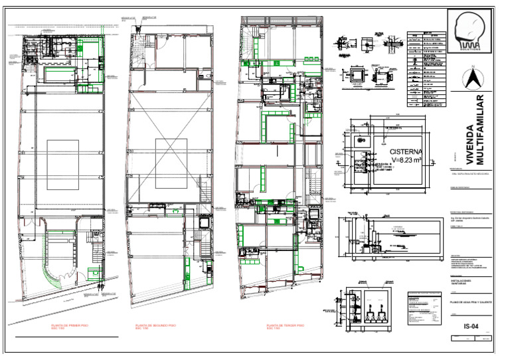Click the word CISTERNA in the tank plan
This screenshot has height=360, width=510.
coord(406,151)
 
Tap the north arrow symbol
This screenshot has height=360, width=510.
coord(473,78)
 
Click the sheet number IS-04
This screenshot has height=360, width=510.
coord(471,325)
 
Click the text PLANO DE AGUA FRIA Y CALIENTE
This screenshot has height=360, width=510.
coord(471,302)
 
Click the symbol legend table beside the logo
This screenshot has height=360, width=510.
coord(426,69)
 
